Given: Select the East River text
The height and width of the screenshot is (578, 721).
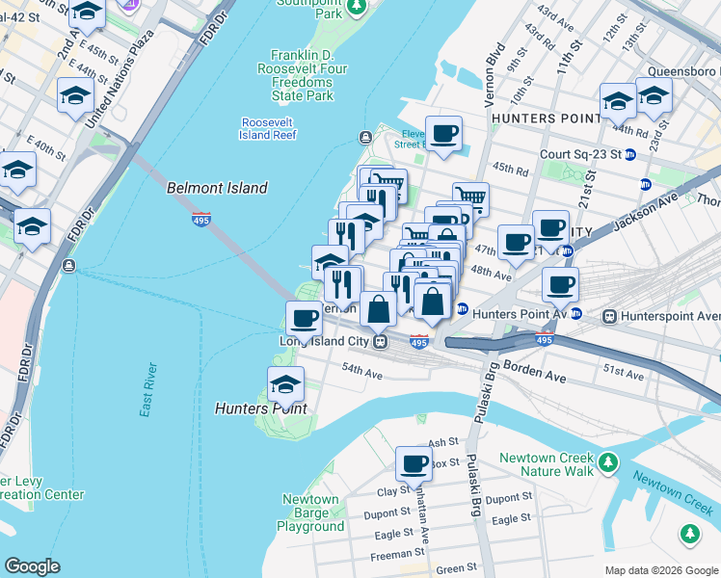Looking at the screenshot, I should click(147, 390).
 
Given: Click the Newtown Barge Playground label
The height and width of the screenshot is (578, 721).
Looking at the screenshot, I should click(310, 512).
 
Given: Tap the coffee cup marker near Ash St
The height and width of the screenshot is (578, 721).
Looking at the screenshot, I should click(414, 464).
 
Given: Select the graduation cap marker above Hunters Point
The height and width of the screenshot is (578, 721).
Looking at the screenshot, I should click(285, 385).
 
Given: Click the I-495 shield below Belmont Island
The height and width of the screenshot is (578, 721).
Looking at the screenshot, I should click(201, 220).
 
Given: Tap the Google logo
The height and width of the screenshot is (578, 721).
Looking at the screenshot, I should click(33, 566).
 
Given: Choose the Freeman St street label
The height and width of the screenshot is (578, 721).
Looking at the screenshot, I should click(398, 553).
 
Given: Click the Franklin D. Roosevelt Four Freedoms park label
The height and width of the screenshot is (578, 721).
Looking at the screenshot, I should click(302, 75).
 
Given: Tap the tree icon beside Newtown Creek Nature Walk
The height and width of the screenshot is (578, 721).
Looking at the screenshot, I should click(607, 464).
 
